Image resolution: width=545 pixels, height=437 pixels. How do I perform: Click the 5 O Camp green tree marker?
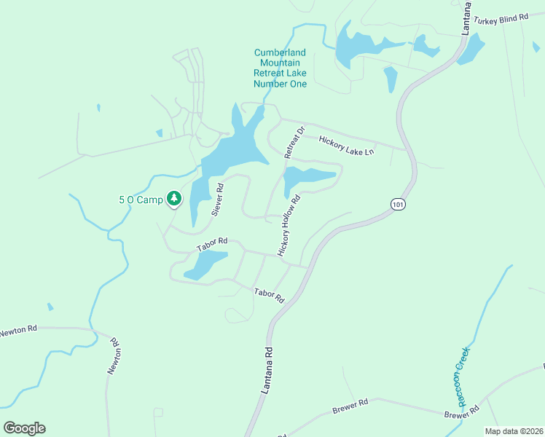pos(174,198)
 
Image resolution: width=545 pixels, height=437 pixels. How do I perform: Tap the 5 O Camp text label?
pos(141,199)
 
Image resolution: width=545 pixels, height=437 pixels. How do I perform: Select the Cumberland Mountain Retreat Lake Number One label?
pos(280,68)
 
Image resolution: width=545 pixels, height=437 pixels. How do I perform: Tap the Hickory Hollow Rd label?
pos(289,225)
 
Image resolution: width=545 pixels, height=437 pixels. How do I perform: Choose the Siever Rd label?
pos(217,200)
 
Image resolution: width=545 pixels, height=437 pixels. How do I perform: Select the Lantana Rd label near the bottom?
pos(267,371)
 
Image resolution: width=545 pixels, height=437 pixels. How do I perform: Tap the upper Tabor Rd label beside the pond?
pos(213,244)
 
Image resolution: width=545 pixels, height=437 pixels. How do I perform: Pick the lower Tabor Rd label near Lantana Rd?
pos(268,295)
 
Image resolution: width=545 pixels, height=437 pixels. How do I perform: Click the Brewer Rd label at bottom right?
pos(463,414)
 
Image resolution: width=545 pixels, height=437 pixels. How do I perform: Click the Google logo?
pos(25,428)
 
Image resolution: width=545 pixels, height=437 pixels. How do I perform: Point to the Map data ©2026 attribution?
pos(514,431)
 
